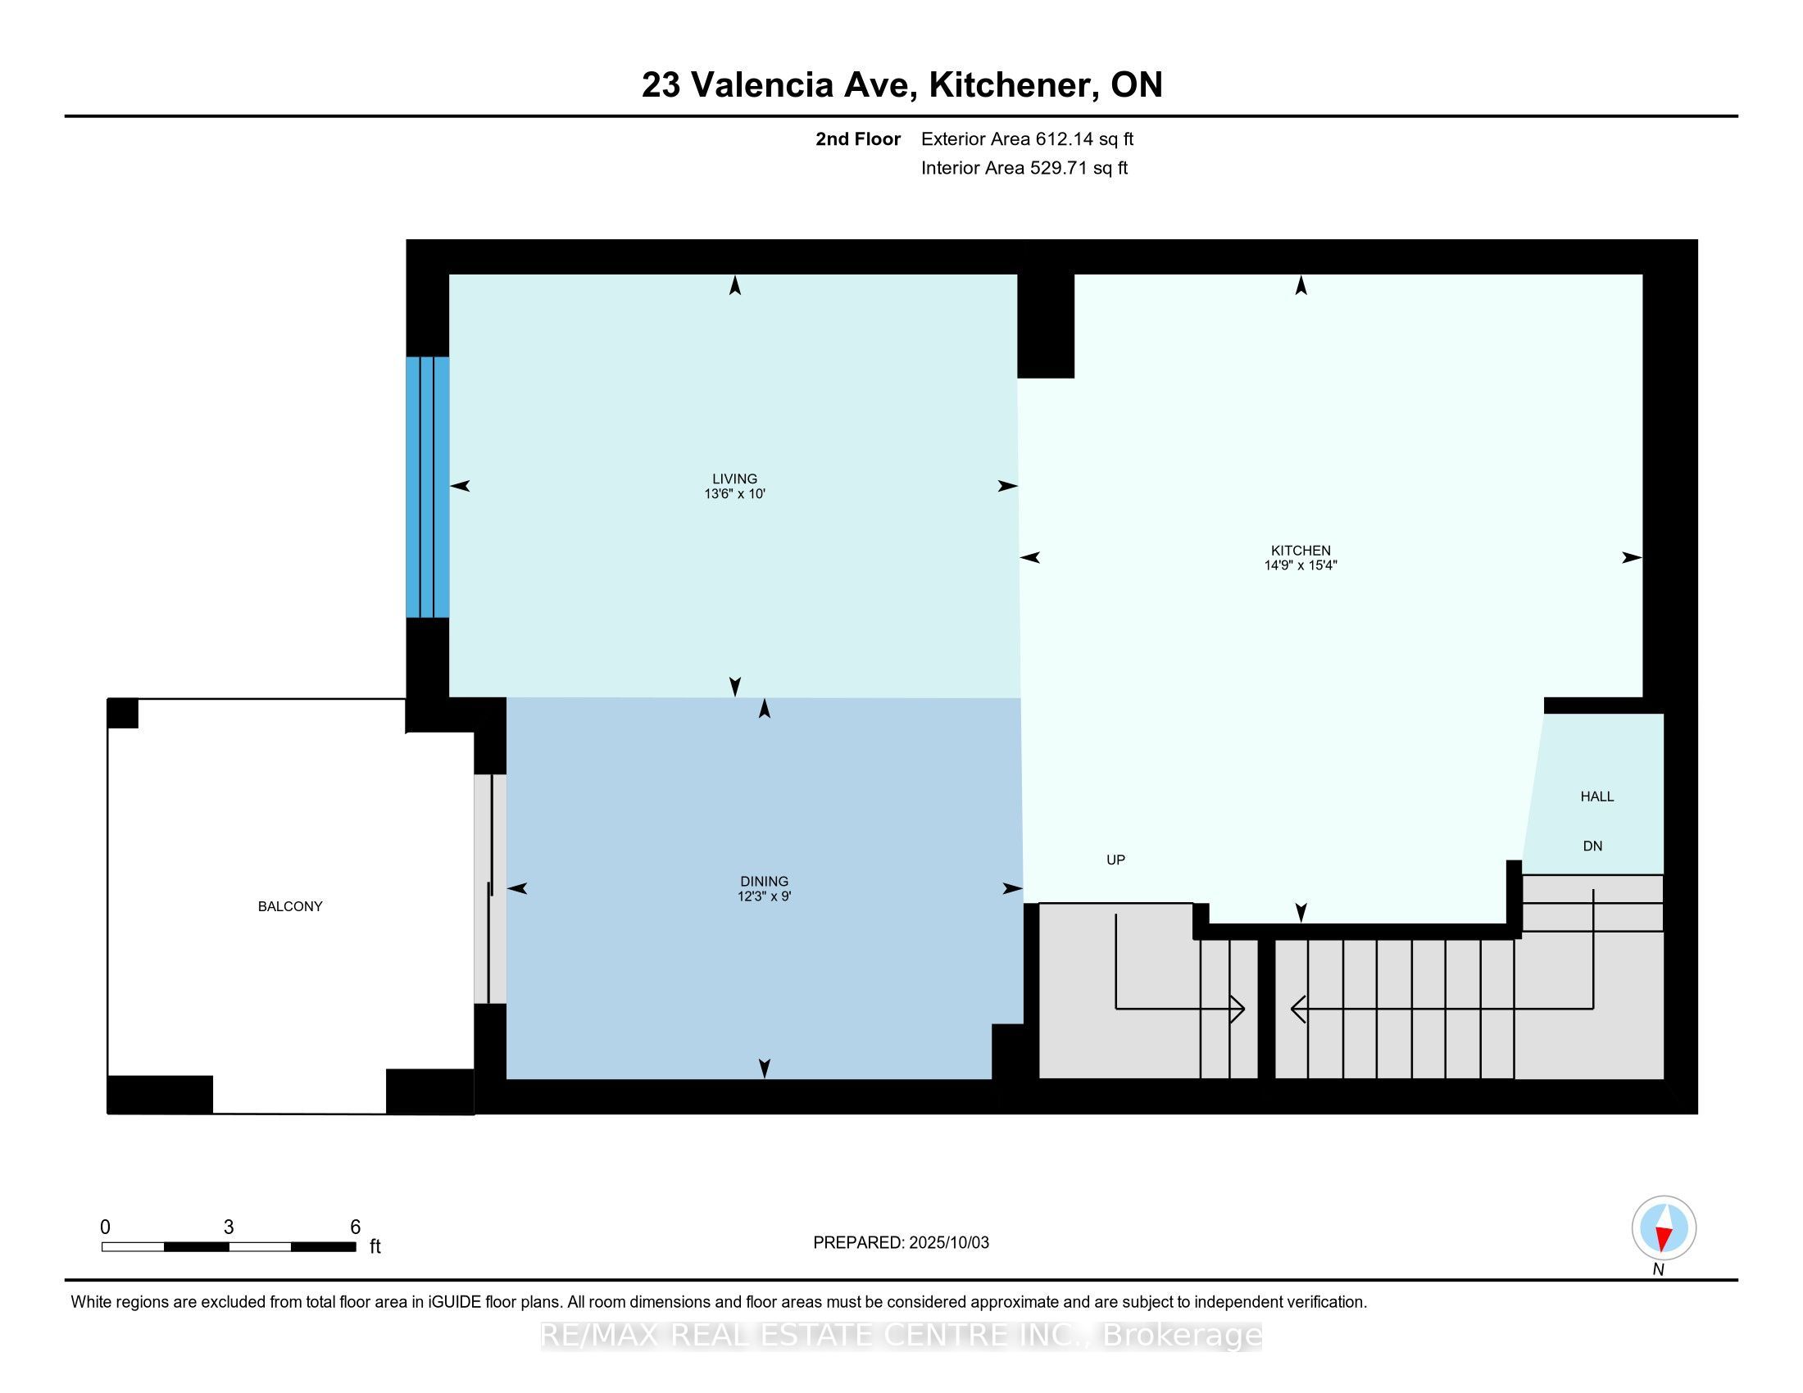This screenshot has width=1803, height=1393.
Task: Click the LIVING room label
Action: click(735, 479)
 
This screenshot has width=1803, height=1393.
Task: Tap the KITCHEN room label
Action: click(1301, 551)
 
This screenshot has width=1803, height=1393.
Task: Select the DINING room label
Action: click(765, 882)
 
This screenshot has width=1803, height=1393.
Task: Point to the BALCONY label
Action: click(290, 906)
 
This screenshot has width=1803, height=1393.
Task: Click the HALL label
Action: click(1596, 796)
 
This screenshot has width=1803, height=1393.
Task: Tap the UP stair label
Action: click(1115, 860)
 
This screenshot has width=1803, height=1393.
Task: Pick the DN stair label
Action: click(1592, 846)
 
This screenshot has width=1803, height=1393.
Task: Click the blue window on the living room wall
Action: click(428, 487)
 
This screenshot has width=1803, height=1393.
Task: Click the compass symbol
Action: click(1664, 1228)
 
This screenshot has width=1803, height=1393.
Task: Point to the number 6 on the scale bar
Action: click(355, 1227)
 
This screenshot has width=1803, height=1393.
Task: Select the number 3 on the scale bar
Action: click(229, 1227)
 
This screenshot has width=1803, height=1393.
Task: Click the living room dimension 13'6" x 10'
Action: click(735, 494)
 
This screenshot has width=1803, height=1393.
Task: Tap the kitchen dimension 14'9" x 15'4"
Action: click(1301, 565)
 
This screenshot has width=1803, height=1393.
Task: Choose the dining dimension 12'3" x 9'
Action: click(765, 896)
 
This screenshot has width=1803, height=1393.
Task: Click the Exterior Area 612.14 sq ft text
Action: click(1027, 138)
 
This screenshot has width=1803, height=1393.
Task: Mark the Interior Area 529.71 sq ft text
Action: click(1024, 167)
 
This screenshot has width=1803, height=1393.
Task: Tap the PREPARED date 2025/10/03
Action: click(947, 1243)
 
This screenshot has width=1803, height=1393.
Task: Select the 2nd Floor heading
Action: click(858, 138)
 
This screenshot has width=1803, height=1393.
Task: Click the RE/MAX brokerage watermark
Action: click(901, 1336)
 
